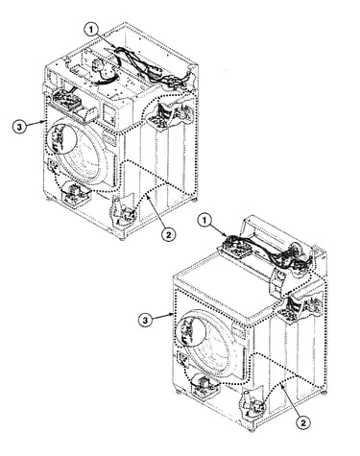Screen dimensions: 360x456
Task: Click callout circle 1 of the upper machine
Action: pyautogui.click(x=91, y=31)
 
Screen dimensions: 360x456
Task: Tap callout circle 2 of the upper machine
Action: pyautogui.click(x=168, y=234)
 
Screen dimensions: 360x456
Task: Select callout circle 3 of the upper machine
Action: pyautogui.click(x=20, y=127)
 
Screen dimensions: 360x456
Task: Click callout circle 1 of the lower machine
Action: pyautogui.click(x=205, y=221)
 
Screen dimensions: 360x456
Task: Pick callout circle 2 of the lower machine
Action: pyautogui.click(x=303, y=422)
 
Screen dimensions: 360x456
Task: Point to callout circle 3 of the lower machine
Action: pyautogui.click(x=146, y=321)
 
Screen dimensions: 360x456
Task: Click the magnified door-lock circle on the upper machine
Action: pyautogui.click(x=62, y=139)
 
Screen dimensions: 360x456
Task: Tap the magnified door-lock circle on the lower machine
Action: pyautogui.click(x=191, y=331)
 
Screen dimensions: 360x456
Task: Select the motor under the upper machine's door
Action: pyautogui.click(x=76, y=192)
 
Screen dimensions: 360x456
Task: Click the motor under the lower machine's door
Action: pyautogui.click(x=204, y=385)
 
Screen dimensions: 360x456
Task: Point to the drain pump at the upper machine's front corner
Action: pyautogui.click(x=123, y=210)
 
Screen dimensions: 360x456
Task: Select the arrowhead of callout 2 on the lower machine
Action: pyautogui.click(x=282, y=387)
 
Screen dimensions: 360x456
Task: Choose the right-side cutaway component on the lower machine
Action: pyautogui.click(x=300, y=308)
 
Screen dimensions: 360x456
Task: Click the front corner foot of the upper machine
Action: pyautogui.click(x=122, y=238)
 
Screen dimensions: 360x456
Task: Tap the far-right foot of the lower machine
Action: pyautogui.click(x=324, y=392)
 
